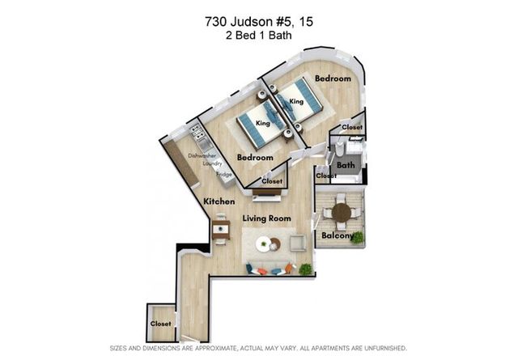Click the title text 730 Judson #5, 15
click(x=259, y=22)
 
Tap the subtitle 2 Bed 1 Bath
click(x=259, y=35)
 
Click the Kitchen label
click(x=219, y=201)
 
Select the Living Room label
click(x=266, y=218)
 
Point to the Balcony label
click(x=338, y=235)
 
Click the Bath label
click(x=346, y=165)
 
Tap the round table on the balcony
click(x=342, y=213)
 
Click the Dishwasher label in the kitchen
click(x=202, y=155)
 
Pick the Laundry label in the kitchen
click(x=212, y=163)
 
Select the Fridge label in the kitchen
click(x=224, y=174)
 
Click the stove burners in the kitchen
click(x=195, y=132)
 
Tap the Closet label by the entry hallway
click(x=160, y=324)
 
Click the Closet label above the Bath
click(x=352, y=127)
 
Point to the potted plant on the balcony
click(x=357, y=238)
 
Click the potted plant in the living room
click(x=306, y=269)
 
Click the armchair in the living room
click(x=298, y=244)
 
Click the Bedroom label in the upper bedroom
click(x=333, y=78)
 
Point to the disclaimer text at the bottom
click(x=258, y=348)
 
